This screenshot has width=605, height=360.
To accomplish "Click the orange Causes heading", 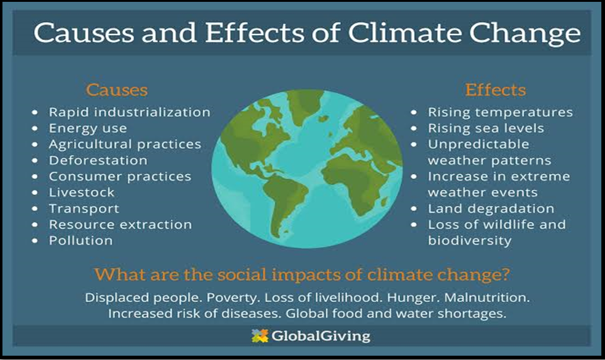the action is coord(117,90).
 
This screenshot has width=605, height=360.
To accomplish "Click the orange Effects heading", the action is coord(496,90).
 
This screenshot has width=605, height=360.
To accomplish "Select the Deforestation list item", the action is coord(98,160).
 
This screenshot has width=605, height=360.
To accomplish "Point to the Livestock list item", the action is coord(82,192).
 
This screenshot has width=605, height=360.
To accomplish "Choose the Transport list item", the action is coord(84,208).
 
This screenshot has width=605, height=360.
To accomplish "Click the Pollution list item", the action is coord(80,240).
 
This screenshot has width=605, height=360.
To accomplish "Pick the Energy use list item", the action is coord(88,128).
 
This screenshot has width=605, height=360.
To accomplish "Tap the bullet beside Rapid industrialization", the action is coord(35,112).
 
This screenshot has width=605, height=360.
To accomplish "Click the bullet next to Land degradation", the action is coord(414,209).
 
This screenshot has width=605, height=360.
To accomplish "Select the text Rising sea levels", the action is coord(486,128).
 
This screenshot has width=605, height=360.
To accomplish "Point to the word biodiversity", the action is coord(470,240).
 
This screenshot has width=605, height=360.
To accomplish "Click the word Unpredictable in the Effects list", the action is coord(478,144).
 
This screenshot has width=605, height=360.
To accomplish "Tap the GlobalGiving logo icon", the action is coord(260,335).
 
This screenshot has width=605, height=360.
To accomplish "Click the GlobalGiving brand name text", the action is coord(321,335).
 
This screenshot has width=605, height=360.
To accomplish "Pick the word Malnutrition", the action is coord(487,297).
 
